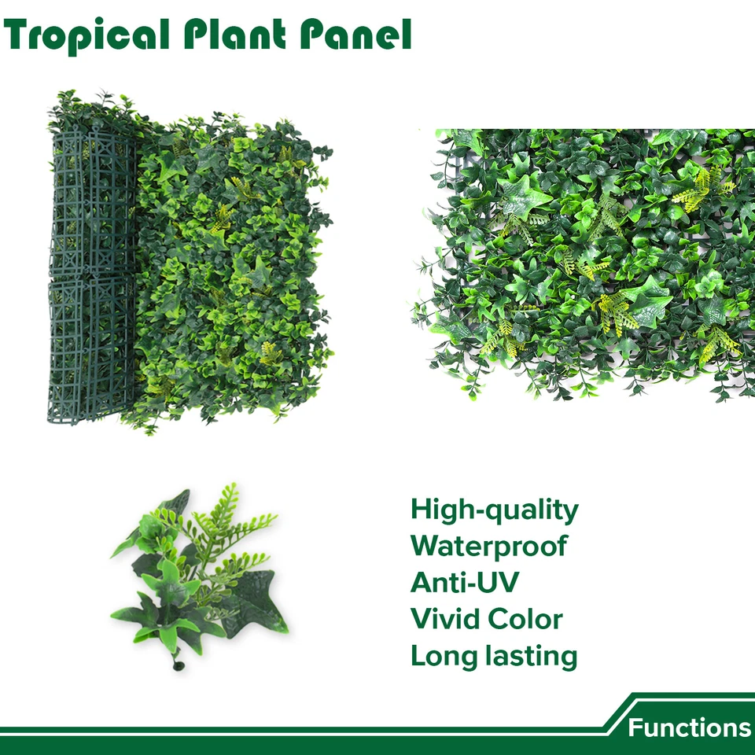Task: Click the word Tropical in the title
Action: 87,35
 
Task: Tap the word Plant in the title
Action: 235,35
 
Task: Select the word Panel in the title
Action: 355,35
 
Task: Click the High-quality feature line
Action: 495,510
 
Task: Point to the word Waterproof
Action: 488,547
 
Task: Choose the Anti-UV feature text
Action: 465,582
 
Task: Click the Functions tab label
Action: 690,727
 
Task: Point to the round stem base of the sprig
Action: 179,666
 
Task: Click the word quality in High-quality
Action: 532,512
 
